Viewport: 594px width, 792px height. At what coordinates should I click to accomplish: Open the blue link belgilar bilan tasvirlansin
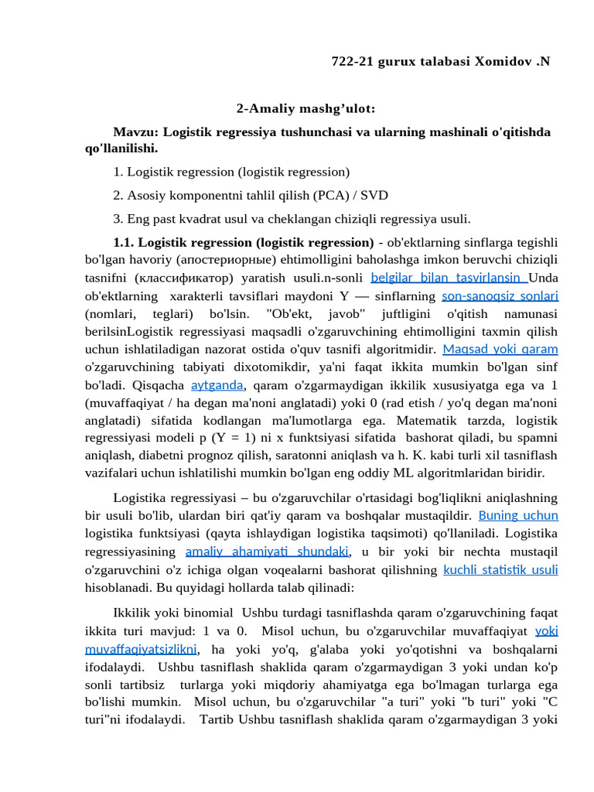[449, 277]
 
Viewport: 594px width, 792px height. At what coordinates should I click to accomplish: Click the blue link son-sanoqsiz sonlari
[500, 295]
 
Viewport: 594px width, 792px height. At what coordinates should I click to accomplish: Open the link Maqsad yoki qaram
[500, 349]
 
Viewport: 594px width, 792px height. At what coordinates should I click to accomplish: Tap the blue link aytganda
[217, 384]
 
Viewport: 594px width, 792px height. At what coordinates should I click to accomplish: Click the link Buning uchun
[518, 515]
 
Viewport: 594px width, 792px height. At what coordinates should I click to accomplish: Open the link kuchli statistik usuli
[500, 570]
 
